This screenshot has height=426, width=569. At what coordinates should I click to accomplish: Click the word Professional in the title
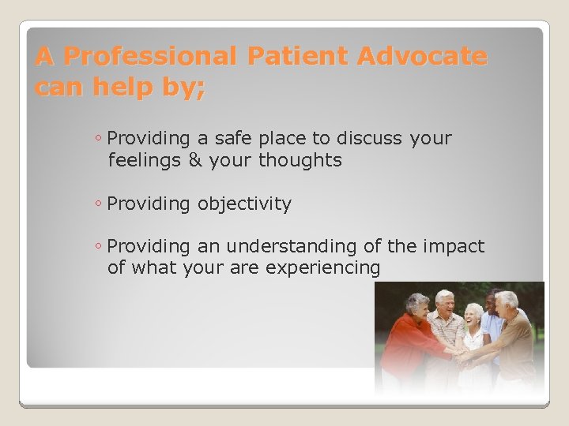pyautogui.click(x=151, y=57)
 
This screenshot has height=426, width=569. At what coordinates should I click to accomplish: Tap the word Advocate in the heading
pyautogui.click(x=422, y=57)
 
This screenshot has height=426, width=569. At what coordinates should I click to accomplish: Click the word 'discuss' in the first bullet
pyautogui.click(x=370, y=139)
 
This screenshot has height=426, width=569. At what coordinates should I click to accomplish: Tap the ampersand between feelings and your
pyautogui.click(x=195, y=161)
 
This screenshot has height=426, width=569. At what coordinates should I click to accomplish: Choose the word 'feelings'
pyautogui.click(x=145, y=161)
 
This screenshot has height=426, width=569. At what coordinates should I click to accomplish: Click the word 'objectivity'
pyautogui.click(x=244, y=204)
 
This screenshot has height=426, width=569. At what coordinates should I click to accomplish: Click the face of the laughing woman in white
pyautogui.click(x=473, y=316)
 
